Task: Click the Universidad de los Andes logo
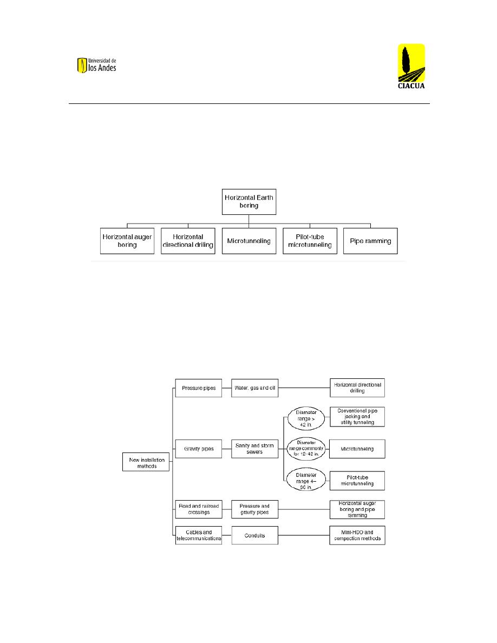coord(97,65)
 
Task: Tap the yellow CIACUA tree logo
coord(411,66)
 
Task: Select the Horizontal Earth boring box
coord(249,202)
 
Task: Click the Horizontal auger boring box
coord(127,241)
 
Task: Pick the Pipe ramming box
coord(370,241)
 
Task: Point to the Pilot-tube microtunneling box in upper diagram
coord(310,241)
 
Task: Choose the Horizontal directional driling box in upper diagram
coord(188,241)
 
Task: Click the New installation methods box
coord(146,462)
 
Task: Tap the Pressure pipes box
coord(199,388)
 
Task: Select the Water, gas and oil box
coord(254,388)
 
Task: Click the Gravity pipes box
coord(199,449)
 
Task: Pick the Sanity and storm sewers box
coord(254,449)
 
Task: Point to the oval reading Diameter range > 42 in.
coord(306,418)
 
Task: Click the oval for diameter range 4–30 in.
coord(306,481)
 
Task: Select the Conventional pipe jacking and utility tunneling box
coord(357,417)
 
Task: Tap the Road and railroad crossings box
coord(199,509)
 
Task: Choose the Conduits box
coord(254,535)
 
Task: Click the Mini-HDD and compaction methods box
coord(357,535)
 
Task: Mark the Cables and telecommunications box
coord(199,535)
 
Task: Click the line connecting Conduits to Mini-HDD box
coord(304,535)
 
